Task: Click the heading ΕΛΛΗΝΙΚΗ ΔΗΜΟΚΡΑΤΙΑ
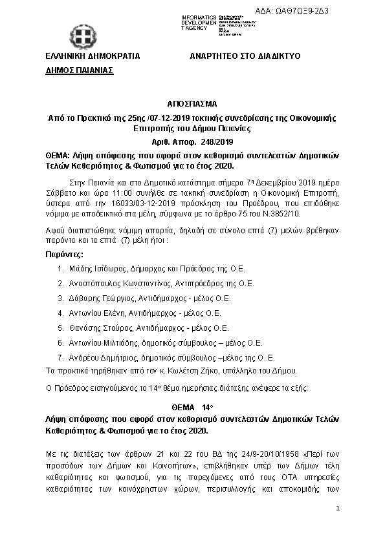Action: coord(93,56)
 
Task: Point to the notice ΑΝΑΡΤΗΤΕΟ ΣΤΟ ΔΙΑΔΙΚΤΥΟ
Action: coord(245,56)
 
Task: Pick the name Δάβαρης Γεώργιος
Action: coord(98,298)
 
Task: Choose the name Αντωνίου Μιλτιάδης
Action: coord(101,343)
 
